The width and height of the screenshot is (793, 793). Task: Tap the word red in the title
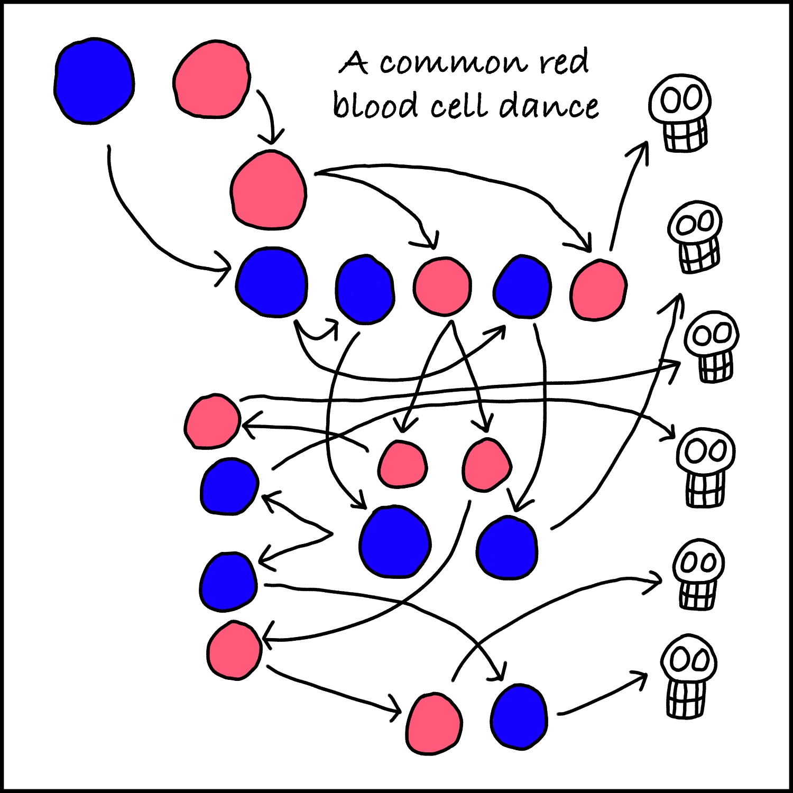pos(564,62)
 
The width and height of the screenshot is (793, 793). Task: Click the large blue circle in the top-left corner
pos(94,81)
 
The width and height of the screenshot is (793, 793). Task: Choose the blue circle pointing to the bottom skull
pos(519,716)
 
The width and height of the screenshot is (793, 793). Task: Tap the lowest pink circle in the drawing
pos(434,724)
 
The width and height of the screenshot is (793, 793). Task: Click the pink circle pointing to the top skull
pos(598,289)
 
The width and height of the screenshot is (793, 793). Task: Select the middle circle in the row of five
pos(442,286)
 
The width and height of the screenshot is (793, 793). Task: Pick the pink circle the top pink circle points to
pos(269,190)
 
